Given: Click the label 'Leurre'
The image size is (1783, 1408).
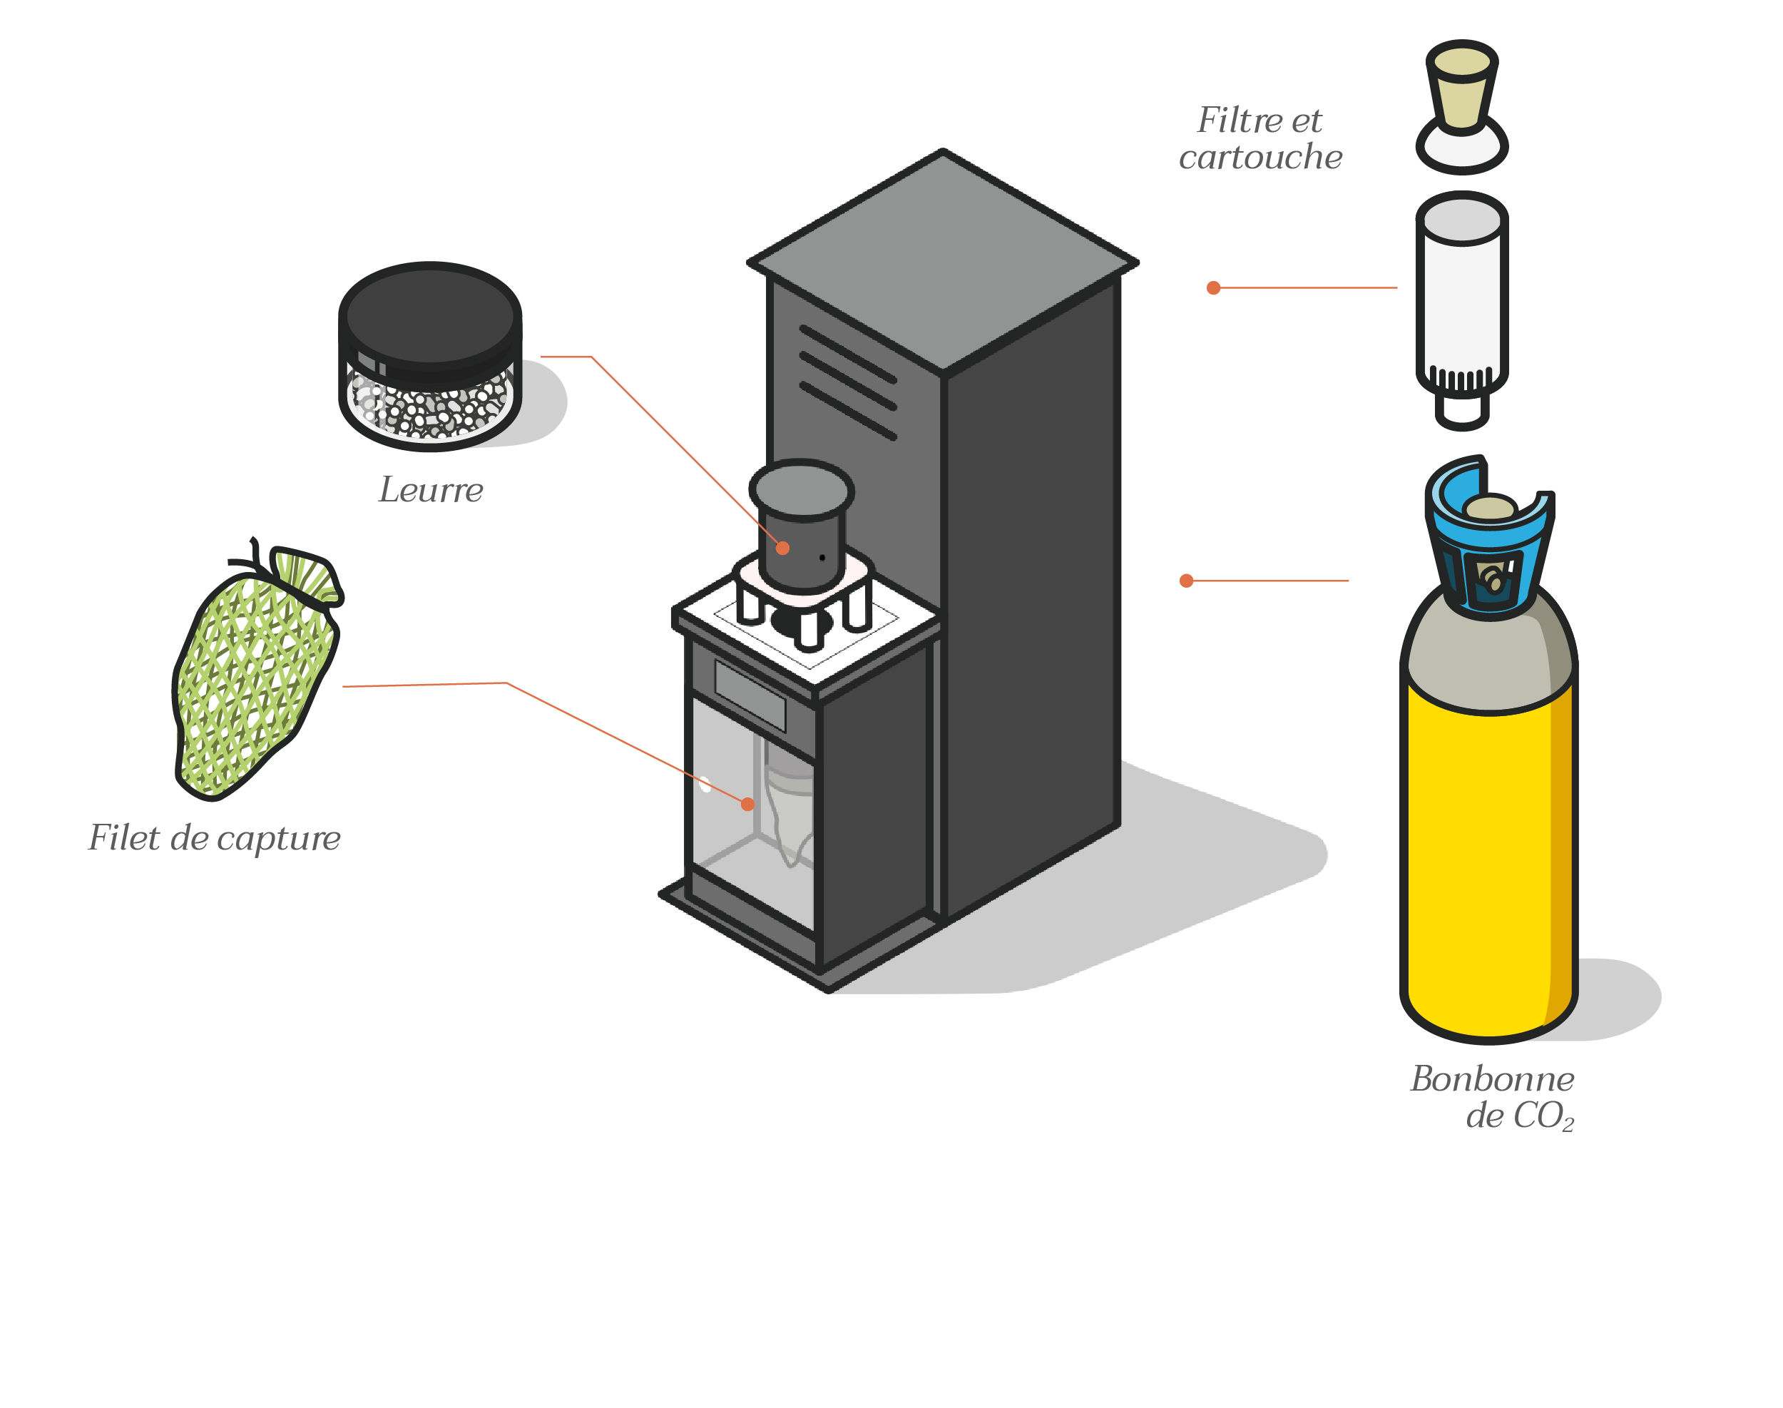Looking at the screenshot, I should click(x=430, y=491).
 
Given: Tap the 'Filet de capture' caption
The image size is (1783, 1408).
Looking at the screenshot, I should click(x=215, y=838).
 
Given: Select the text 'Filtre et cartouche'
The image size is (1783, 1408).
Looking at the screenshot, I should click(x=1260, y=138).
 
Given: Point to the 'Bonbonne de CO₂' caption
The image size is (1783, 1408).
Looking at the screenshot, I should click(x=1493, y=1097).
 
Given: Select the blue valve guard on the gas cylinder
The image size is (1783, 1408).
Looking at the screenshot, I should click(x=1488, y=544).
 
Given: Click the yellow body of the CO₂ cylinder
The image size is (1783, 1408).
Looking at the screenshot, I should click(x=1476, y=857).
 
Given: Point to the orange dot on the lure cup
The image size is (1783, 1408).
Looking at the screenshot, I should click(x=782, y=547).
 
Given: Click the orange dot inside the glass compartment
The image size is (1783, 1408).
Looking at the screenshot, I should click(x=747, y=804).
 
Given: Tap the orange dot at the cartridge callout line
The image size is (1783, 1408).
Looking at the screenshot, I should click(x=1212, y=287).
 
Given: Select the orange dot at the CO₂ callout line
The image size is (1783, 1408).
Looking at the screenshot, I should click(x=1186, y=581).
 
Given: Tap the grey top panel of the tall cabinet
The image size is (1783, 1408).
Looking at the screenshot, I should click(x=942, y=255).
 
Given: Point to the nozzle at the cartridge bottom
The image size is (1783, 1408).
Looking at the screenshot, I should click(x=1461, y=412).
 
